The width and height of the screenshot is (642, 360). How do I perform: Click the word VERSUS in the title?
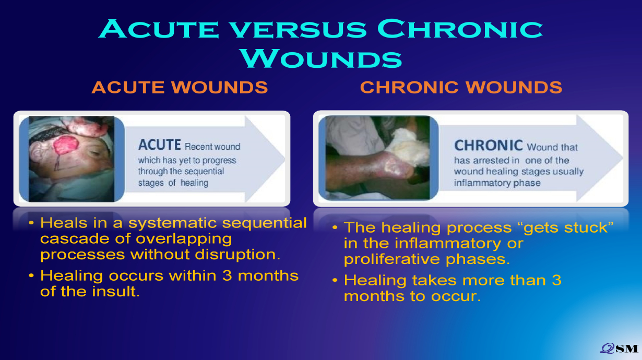299,29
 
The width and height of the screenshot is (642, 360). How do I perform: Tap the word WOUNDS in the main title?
321,58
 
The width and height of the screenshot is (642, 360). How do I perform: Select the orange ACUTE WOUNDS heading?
180,87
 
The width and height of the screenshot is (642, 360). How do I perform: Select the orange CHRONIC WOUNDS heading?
461,87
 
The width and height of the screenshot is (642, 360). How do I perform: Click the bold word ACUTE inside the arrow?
159,145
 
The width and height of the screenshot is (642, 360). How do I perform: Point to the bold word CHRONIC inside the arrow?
489,145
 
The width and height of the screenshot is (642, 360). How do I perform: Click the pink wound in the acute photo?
66,145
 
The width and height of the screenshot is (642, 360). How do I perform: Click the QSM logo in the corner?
619,349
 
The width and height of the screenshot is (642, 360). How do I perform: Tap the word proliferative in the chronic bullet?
391,259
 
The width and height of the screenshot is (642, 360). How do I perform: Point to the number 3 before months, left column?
227,275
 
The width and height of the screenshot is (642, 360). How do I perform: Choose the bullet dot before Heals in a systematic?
31,223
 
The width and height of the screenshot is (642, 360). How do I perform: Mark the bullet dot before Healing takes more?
335,280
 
